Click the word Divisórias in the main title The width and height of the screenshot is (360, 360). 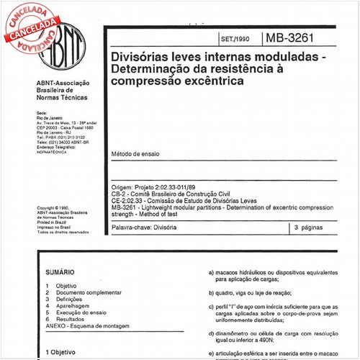click(140, 55)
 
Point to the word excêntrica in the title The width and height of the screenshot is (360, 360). click(208, 81)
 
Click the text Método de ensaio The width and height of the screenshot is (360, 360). click(135, 154)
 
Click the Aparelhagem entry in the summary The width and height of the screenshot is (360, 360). click(72, 306)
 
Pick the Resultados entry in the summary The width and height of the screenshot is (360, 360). click(71, 319)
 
